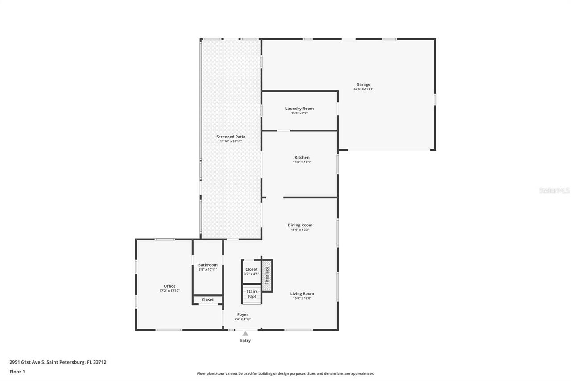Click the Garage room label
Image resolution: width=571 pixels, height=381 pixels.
pyautogui.click(x=363, y=84)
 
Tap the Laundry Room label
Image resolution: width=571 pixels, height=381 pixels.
pyautogui.click(x=299, y=109)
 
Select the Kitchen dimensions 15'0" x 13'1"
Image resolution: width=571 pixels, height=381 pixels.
pyautogui.click(x=302, y=162)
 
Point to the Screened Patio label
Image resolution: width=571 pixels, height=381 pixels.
pyautogui.click(x=231, y=137)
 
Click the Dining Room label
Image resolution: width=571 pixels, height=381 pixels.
pyautogui.click(x=300, y=225)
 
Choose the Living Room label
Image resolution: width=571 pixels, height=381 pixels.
pyautogui.click(x=302, y=293)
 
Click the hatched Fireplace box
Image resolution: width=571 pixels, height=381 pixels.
pyautogui.click(x=267, y=276)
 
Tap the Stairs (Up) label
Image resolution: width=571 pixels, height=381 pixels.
pyautogui.click(x=252, y=294)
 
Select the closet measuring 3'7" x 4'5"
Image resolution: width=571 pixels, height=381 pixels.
pyautogui.click(x=251, y=272)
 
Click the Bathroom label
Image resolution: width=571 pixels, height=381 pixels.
pyautogui.click(x=208, y=265)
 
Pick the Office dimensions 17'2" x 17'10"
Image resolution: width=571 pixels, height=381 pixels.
pyautogui.click(x=170, y=291)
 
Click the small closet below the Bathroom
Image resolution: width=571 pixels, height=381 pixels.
pyautogui.click(x=207, y=300)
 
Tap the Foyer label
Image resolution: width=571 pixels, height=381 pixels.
pyautogui.click(x=243, y=314)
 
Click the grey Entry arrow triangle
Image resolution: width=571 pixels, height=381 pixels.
pyautogui.click(x=245, y=333)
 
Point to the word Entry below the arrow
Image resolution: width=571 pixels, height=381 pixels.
pyautogui.click(x=245, y=341)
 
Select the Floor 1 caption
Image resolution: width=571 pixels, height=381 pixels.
pyautogui.click(x=17, y=372)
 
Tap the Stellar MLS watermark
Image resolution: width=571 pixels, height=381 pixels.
pyautogui.click(x=554, y=191)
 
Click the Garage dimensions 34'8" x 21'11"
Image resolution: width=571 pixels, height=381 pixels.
pyautogui.click(x=363, y=89)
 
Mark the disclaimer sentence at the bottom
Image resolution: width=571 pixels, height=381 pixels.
pyautogui.click(x=285, y=373)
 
